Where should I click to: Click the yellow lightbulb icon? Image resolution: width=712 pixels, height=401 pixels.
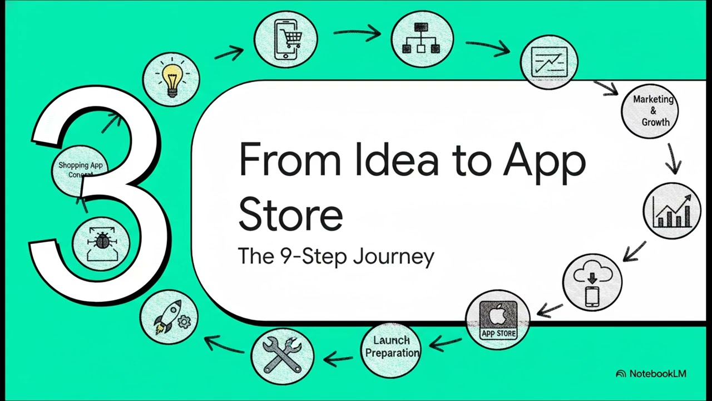[171, 78]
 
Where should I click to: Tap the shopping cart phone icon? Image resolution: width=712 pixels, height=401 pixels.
[286, 39]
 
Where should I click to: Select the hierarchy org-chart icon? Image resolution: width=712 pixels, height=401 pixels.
[422, 39]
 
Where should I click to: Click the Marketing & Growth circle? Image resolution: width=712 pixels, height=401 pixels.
[650, 110]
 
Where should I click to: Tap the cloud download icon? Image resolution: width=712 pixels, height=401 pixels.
[592, 282]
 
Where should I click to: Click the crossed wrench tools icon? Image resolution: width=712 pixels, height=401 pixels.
[282, 355]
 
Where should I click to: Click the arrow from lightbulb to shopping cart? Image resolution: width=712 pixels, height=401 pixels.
[229, 53]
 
